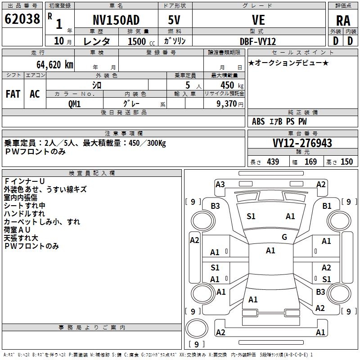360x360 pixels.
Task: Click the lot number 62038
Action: [x=22, y=20]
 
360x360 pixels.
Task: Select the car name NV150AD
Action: [x=116, y=20]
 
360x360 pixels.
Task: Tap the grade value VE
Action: [x=258, y=20]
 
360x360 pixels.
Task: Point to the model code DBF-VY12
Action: [x=258, y=41]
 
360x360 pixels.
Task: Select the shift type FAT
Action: [x=13, y=94]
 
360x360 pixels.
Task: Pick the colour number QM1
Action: [x=74, y=103]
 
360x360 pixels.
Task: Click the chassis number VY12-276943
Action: [x=302, y=143]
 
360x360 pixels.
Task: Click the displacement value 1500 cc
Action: [x=139, y=41]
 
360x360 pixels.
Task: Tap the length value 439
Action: [x=273, y=162]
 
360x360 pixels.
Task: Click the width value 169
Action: [x=310, y=162]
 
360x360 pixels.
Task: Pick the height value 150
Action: [x=346, y=162]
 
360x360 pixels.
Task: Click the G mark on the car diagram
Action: [x=284, y=237]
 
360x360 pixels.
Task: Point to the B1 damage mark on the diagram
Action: [x=327, y=206]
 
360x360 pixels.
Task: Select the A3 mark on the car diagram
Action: [x=220, y=184]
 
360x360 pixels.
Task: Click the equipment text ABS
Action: [x=258, y=121]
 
